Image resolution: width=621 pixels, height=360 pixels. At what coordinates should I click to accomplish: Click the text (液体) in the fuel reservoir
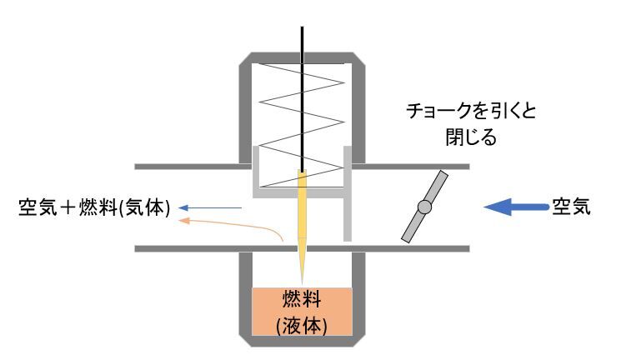pos(302,323)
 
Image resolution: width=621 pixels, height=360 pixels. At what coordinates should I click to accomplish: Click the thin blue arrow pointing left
pos(213,208)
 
